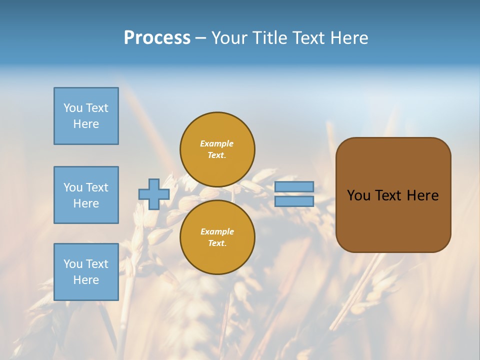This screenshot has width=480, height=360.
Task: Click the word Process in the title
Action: [157, 38]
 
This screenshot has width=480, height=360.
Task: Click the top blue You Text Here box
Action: [86, 116]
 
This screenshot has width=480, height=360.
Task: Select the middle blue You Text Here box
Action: [86, 195]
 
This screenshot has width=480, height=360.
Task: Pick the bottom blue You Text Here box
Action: [86, 272]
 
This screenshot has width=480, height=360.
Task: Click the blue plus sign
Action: [153, 194]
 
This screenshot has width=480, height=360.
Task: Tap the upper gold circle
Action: [217, 149]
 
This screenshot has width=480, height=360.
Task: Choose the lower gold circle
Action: [217, 237]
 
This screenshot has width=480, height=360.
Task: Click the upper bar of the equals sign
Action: [294, 186]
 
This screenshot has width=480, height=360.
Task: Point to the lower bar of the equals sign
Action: [294, 201]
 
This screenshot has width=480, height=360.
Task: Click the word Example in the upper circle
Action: [217, 143]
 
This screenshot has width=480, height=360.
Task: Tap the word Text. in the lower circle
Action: [217, 243]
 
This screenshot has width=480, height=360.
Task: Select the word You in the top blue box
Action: [72, 108]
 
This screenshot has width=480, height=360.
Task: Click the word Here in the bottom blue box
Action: [86, 280]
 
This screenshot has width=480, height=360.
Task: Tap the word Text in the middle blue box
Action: [97, 187]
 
